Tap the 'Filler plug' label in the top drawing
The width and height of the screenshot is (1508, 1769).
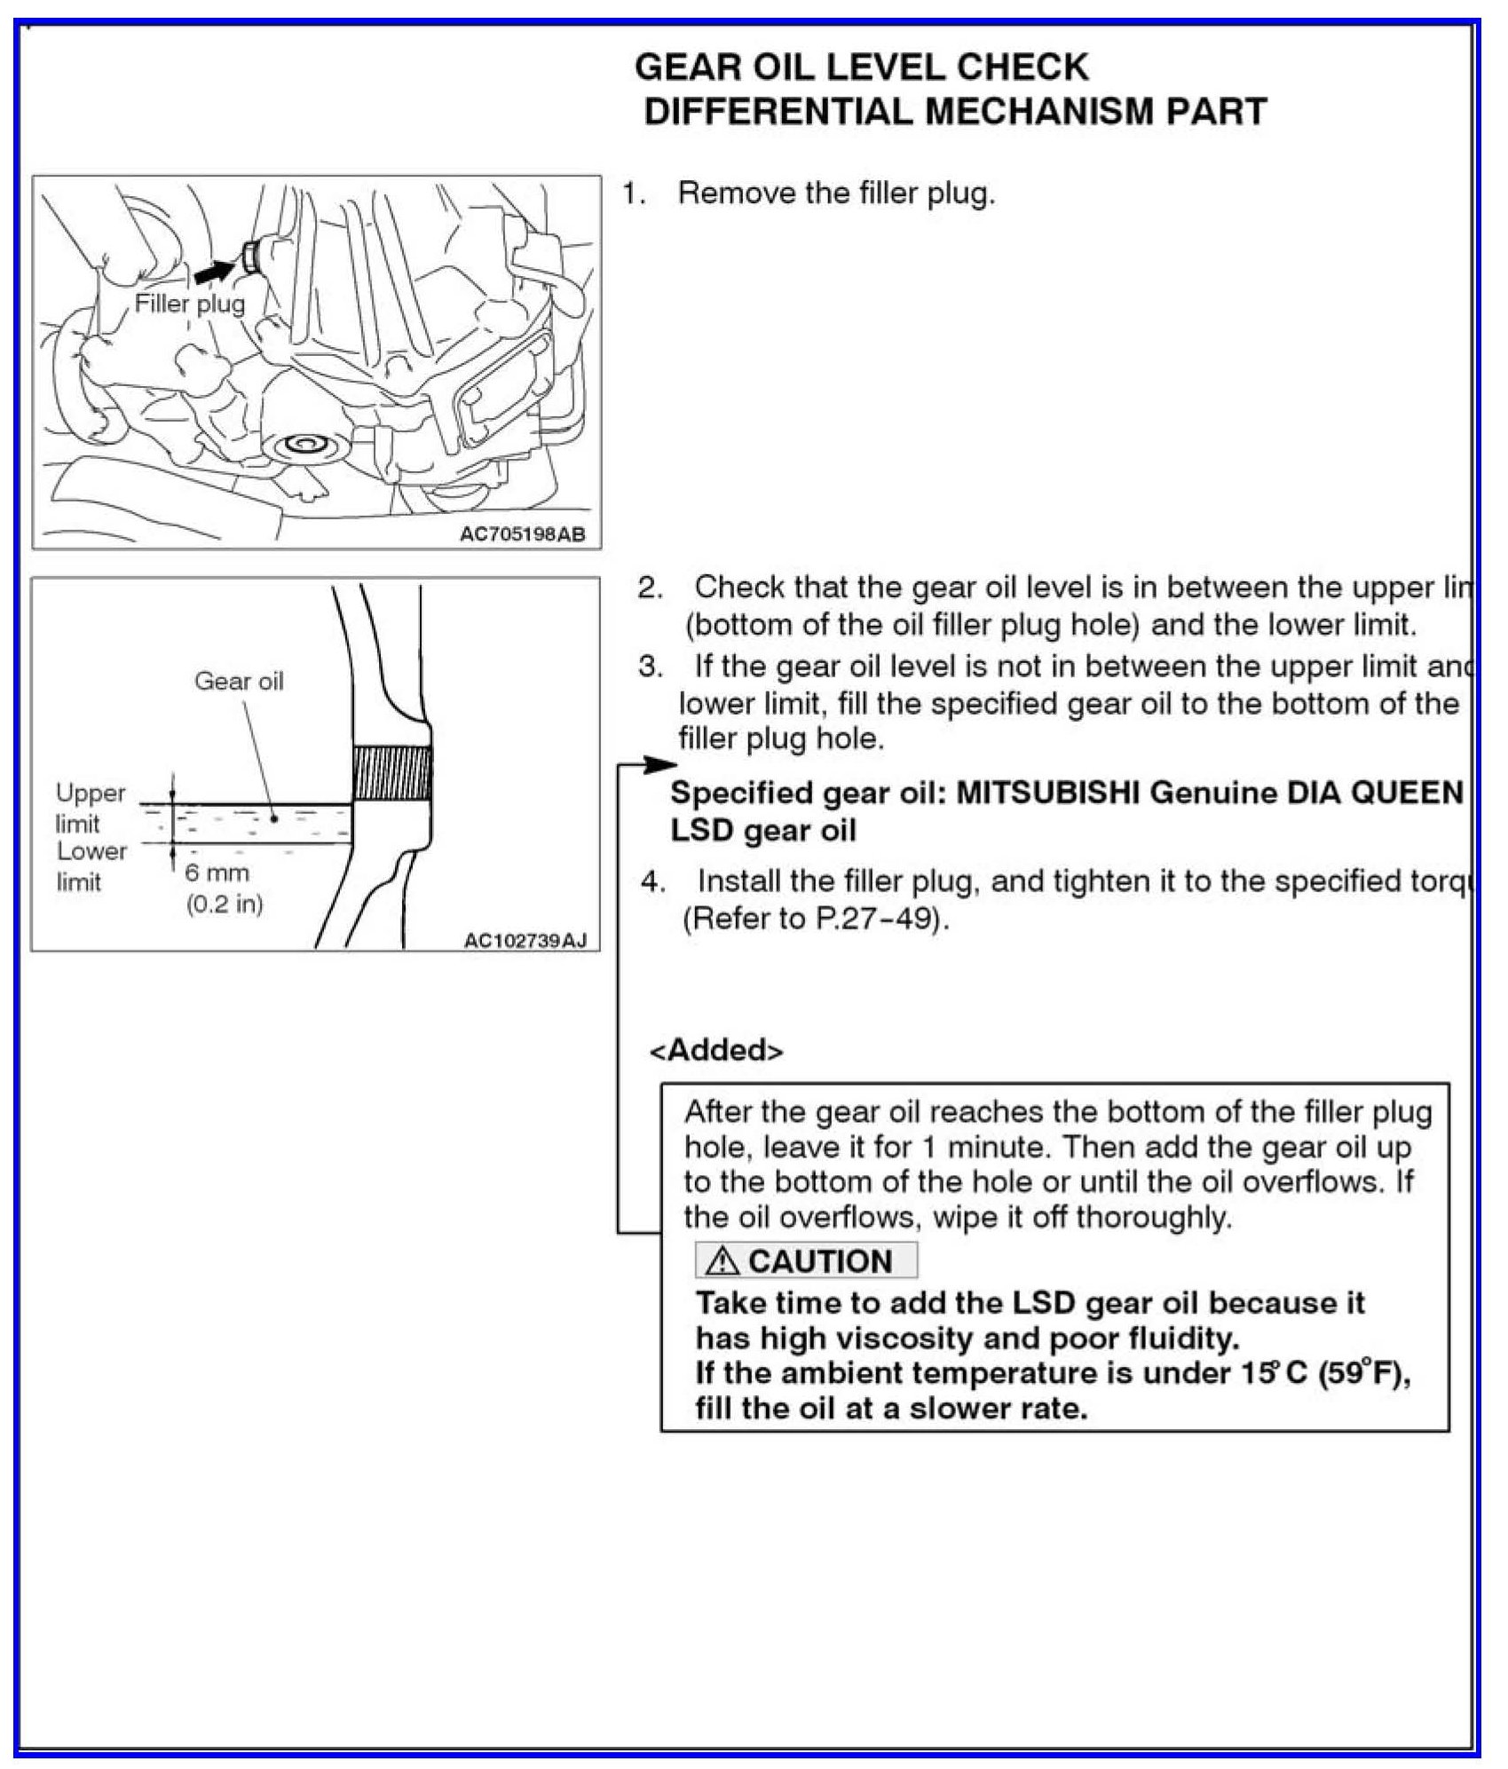click(x=189, y=304)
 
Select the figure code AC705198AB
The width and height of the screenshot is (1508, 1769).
click(x=522, y=534)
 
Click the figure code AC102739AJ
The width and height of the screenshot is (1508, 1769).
click(x=525, y=940)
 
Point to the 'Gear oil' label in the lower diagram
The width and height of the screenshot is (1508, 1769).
click(x=239, y=681)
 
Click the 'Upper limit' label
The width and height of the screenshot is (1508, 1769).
click(x=90, y=808)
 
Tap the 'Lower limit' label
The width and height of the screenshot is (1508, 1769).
click(x=91, y=866)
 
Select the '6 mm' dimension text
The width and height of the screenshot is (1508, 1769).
click(x=217, y=873)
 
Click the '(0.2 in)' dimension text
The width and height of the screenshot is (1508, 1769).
click(x=225, y=904)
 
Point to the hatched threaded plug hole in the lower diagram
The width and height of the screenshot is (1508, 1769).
click(x=391, y=772)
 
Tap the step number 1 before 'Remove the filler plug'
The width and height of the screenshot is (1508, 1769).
click(x=632, y=193)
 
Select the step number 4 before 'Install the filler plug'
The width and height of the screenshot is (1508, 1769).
click(x=651, y=881)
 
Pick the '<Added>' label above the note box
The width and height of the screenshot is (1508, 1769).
click(x=716, y=1051)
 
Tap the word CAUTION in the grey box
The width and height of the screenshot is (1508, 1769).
click(x=820, y=1261)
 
